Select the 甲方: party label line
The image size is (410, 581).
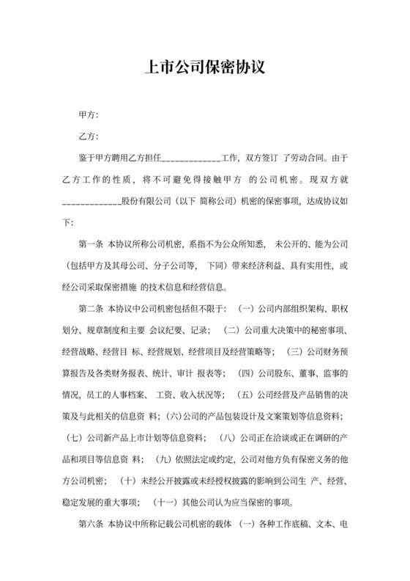[89, 115]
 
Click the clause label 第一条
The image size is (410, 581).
[91, 243]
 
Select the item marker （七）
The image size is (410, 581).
[74, 439]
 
